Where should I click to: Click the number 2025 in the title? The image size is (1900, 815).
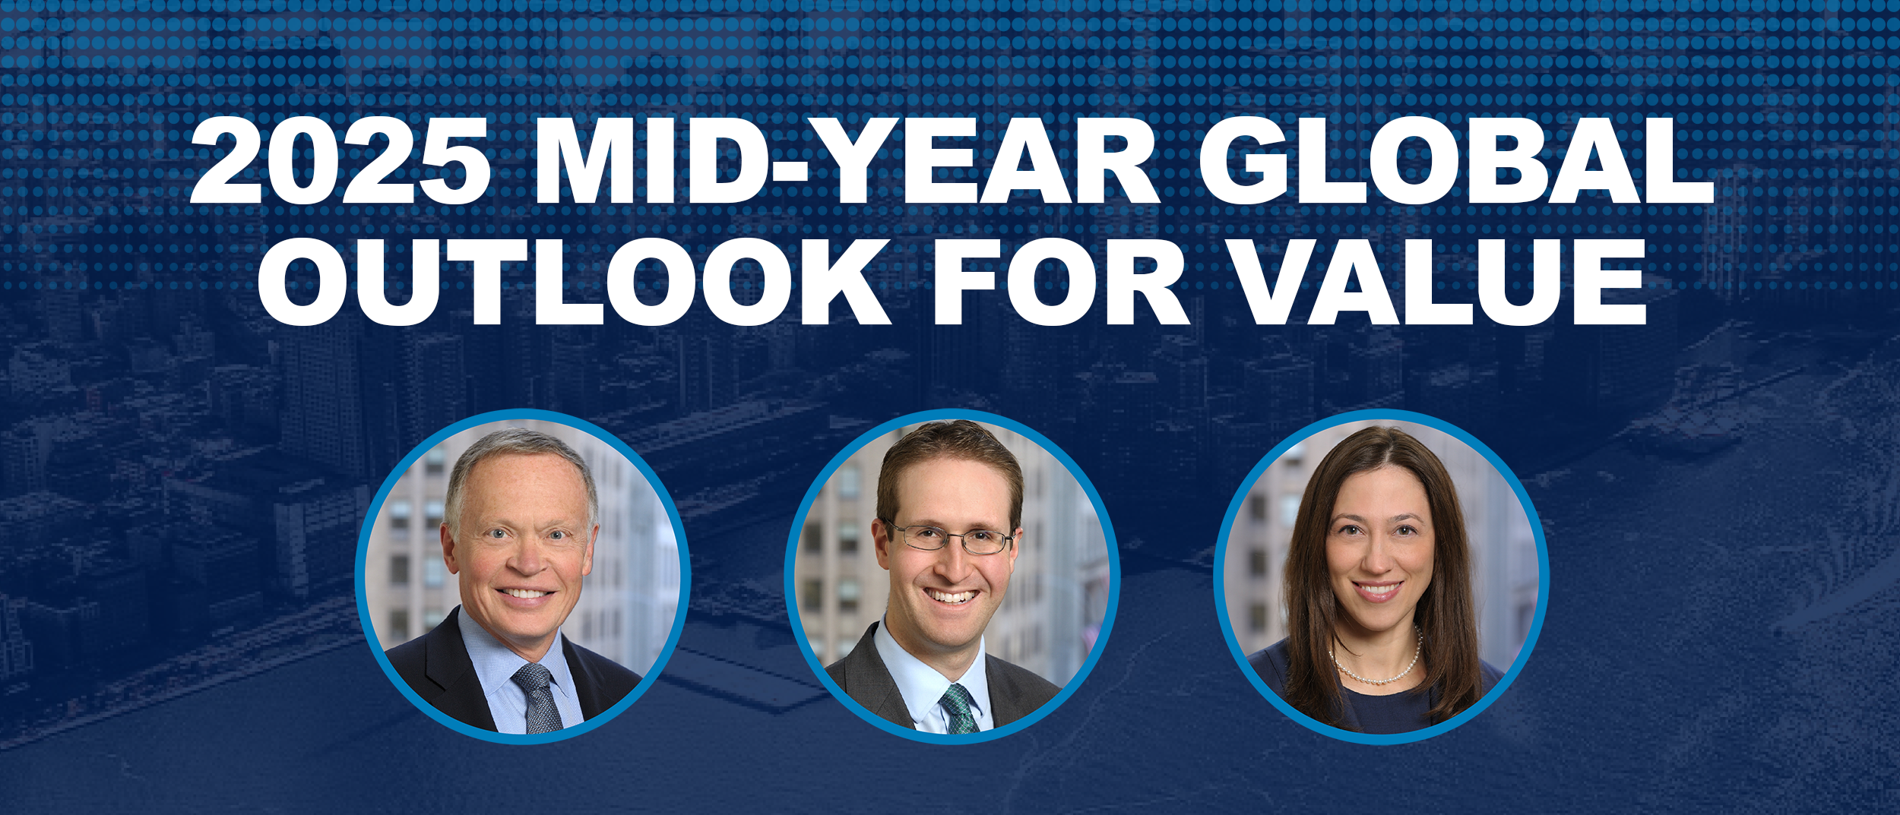click(x=340, y=161)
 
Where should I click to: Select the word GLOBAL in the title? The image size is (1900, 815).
click(x=1455, y=161)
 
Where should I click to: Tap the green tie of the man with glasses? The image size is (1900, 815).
click(x=959, y=709)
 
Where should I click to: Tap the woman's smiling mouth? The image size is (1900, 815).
click(x=1377, y=589)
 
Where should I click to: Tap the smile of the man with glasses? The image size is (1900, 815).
click(x=949, y=597)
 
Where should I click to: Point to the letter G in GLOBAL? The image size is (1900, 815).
click(x=1243, y=161)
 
